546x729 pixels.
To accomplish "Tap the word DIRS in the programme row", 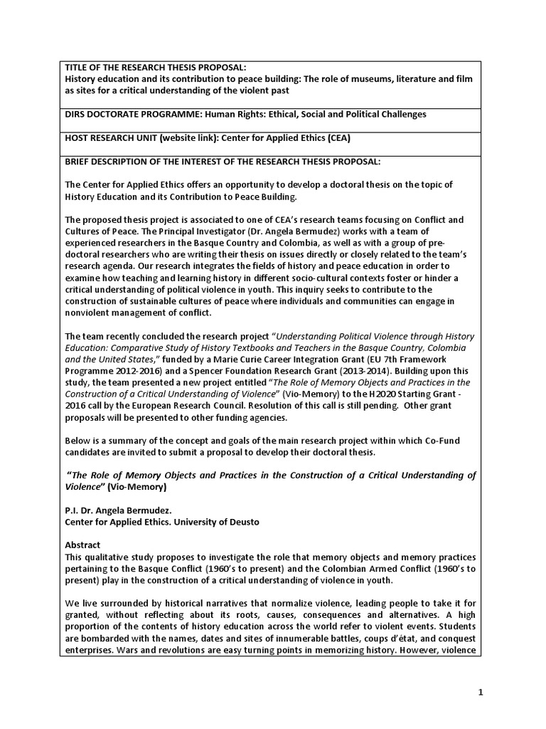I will coord(76,115).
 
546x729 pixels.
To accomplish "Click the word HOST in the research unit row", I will coord(77,138).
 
